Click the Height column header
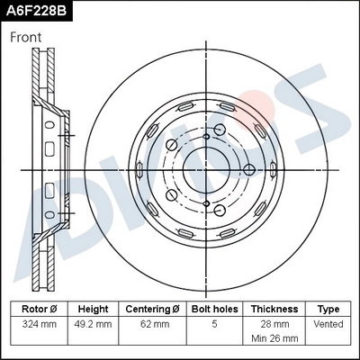pyautogui.click(x=93, y=309)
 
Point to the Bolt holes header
pyautogui.click(x=213, y=309)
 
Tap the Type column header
pyautogui.click(x=328, y=309)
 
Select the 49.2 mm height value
pyautogui.click(x=93, y=324)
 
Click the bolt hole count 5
pyautogui.click(x=213, y=324)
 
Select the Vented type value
pyautogui.click(x=328, y=324)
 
